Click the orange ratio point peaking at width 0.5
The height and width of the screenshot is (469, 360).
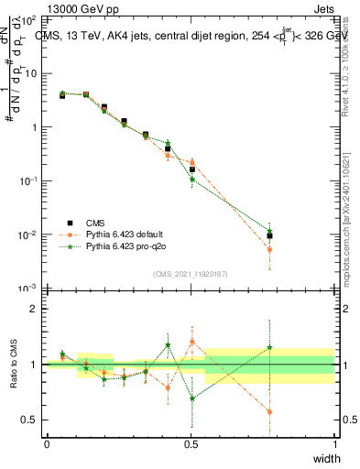click(x=191, y=341)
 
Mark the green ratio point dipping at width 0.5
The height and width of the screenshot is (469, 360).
click(x=191, y=398)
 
